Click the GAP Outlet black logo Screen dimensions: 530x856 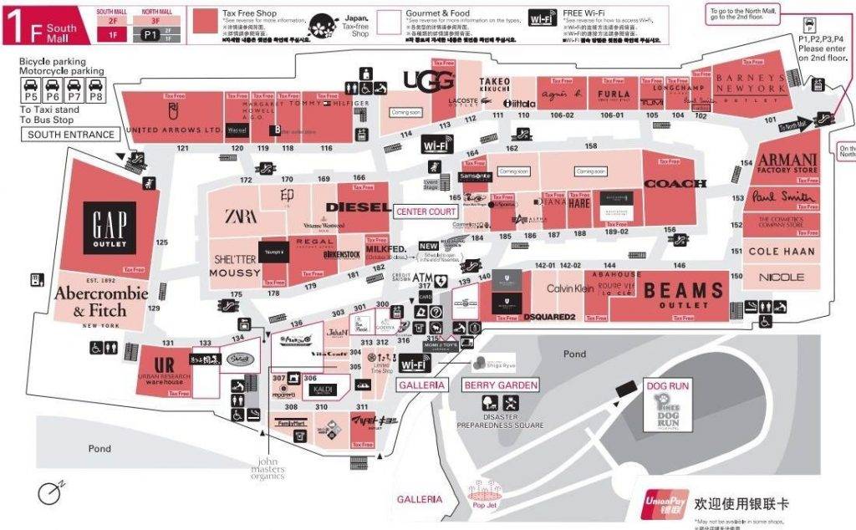(109, 226)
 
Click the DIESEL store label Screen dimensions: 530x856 (357, 206)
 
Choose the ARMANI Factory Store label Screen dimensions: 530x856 (787, 163)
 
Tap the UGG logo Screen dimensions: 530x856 (429, 80)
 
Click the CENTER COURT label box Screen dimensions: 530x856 (426, 212)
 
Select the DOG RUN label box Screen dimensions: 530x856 (666, 385)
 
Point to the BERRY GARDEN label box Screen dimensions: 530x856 (500, 385)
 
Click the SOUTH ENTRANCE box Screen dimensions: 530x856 (71, 135)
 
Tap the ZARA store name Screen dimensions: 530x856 (240, 216)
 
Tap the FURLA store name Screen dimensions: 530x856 (613, 94)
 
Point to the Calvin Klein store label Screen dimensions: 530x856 (570, 288)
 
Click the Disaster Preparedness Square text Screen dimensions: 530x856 (499, 420)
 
